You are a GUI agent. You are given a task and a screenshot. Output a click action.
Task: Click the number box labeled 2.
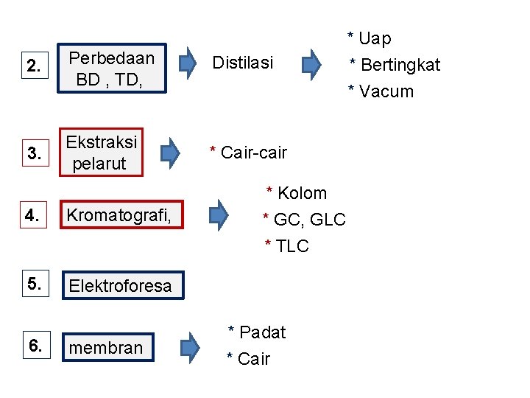click(34, 66)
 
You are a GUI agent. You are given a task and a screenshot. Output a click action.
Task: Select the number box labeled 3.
click(34, 153)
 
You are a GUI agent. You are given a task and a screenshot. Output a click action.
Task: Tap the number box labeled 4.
click(32, 215)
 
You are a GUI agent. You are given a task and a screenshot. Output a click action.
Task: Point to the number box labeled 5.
click(34, 283)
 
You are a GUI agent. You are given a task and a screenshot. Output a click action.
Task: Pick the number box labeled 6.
click(34, 345)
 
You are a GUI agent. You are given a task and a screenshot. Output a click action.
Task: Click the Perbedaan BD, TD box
click(115, 69)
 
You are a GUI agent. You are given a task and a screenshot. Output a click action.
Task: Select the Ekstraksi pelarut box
click(102, 153)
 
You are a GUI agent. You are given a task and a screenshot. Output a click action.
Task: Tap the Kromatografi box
click(121, 215)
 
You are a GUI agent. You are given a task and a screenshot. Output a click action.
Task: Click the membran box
click(107, 347)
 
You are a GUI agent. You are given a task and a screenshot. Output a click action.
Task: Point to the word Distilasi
click(242, 63)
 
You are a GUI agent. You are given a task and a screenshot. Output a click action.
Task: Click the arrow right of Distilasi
click(313, 63)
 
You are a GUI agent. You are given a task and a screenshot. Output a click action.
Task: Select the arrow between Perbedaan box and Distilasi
click(190, 63)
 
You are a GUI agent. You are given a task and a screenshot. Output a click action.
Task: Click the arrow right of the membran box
click(190, 347)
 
